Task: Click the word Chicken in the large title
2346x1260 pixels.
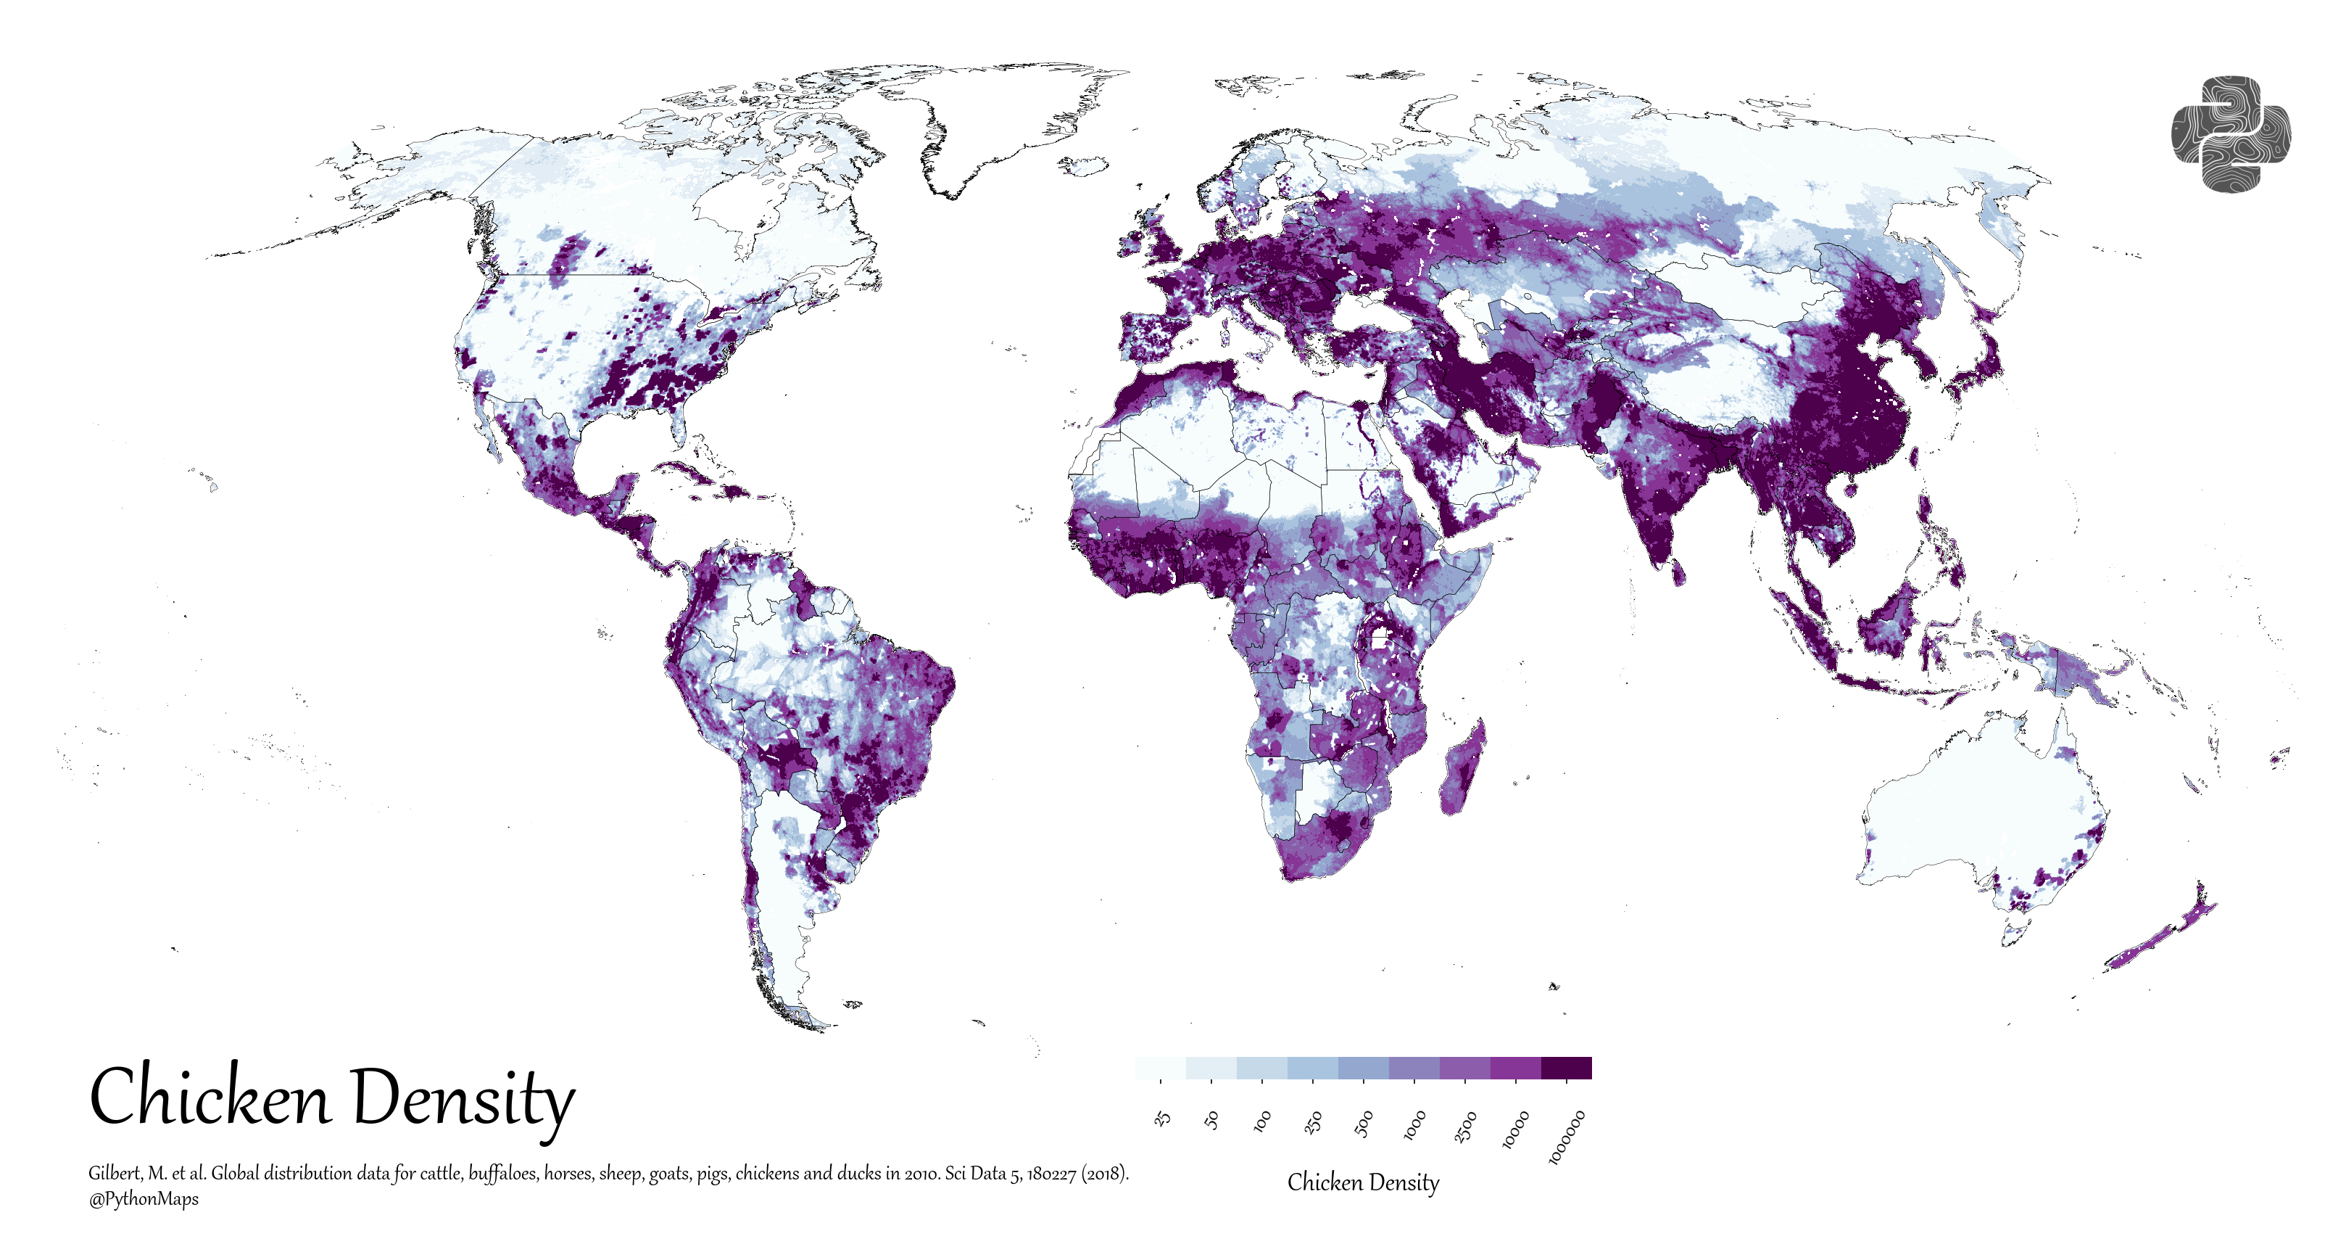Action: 210,1097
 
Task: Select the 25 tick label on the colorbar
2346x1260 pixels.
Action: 1162,1118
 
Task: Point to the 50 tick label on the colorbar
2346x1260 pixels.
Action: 1212,1120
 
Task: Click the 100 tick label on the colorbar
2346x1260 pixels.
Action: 1262,1121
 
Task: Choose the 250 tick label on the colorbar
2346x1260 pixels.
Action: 1313,1122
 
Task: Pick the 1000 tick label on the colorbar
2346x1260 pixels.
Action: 1414,1125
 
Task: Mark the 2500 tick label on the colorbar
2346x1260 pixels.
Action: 1464,1127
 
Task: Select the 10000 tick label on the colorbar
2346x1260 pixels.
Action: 1514,1129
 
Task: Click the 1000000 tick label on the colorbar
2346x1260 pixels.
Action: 1567,1136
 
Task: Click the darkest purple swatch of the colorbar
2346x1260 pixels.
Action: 1567,1068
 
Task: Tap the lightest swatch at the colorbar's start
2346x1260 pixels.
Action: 1160,1068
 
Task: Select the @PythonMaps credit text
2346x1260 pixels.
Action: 143,1199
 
